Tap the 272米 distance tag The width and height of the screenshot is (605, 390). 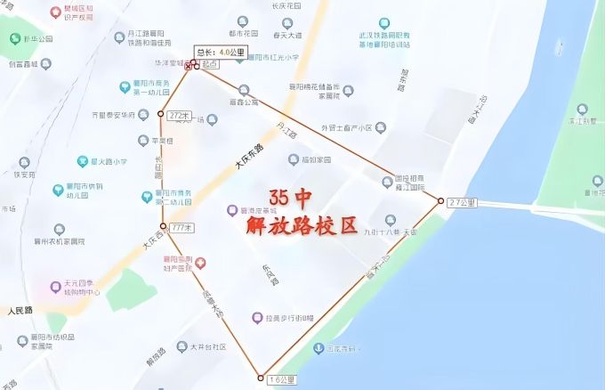click(x=179, y=116)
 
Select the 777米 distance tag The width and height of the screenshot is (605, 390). click(x=181, y=228)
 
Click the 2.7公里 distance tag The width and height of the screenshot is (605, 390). click(x=463, y=203)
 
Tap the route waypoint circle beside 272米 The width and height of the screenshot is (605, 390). click(x=161, y=114)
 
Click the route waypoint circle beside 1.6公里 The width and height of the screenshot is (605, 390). click(x=261, y=378)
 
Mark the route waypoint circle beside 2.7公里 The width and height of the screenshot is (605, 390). click(x=441, y=201)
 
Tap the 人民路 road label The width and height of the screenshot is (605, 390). click(x=20, y=310)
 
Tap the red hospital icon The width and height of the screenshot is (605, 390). click(x=201, y=263)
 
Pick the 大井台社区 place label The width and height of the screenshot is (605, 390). click(x=206, y=346)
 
